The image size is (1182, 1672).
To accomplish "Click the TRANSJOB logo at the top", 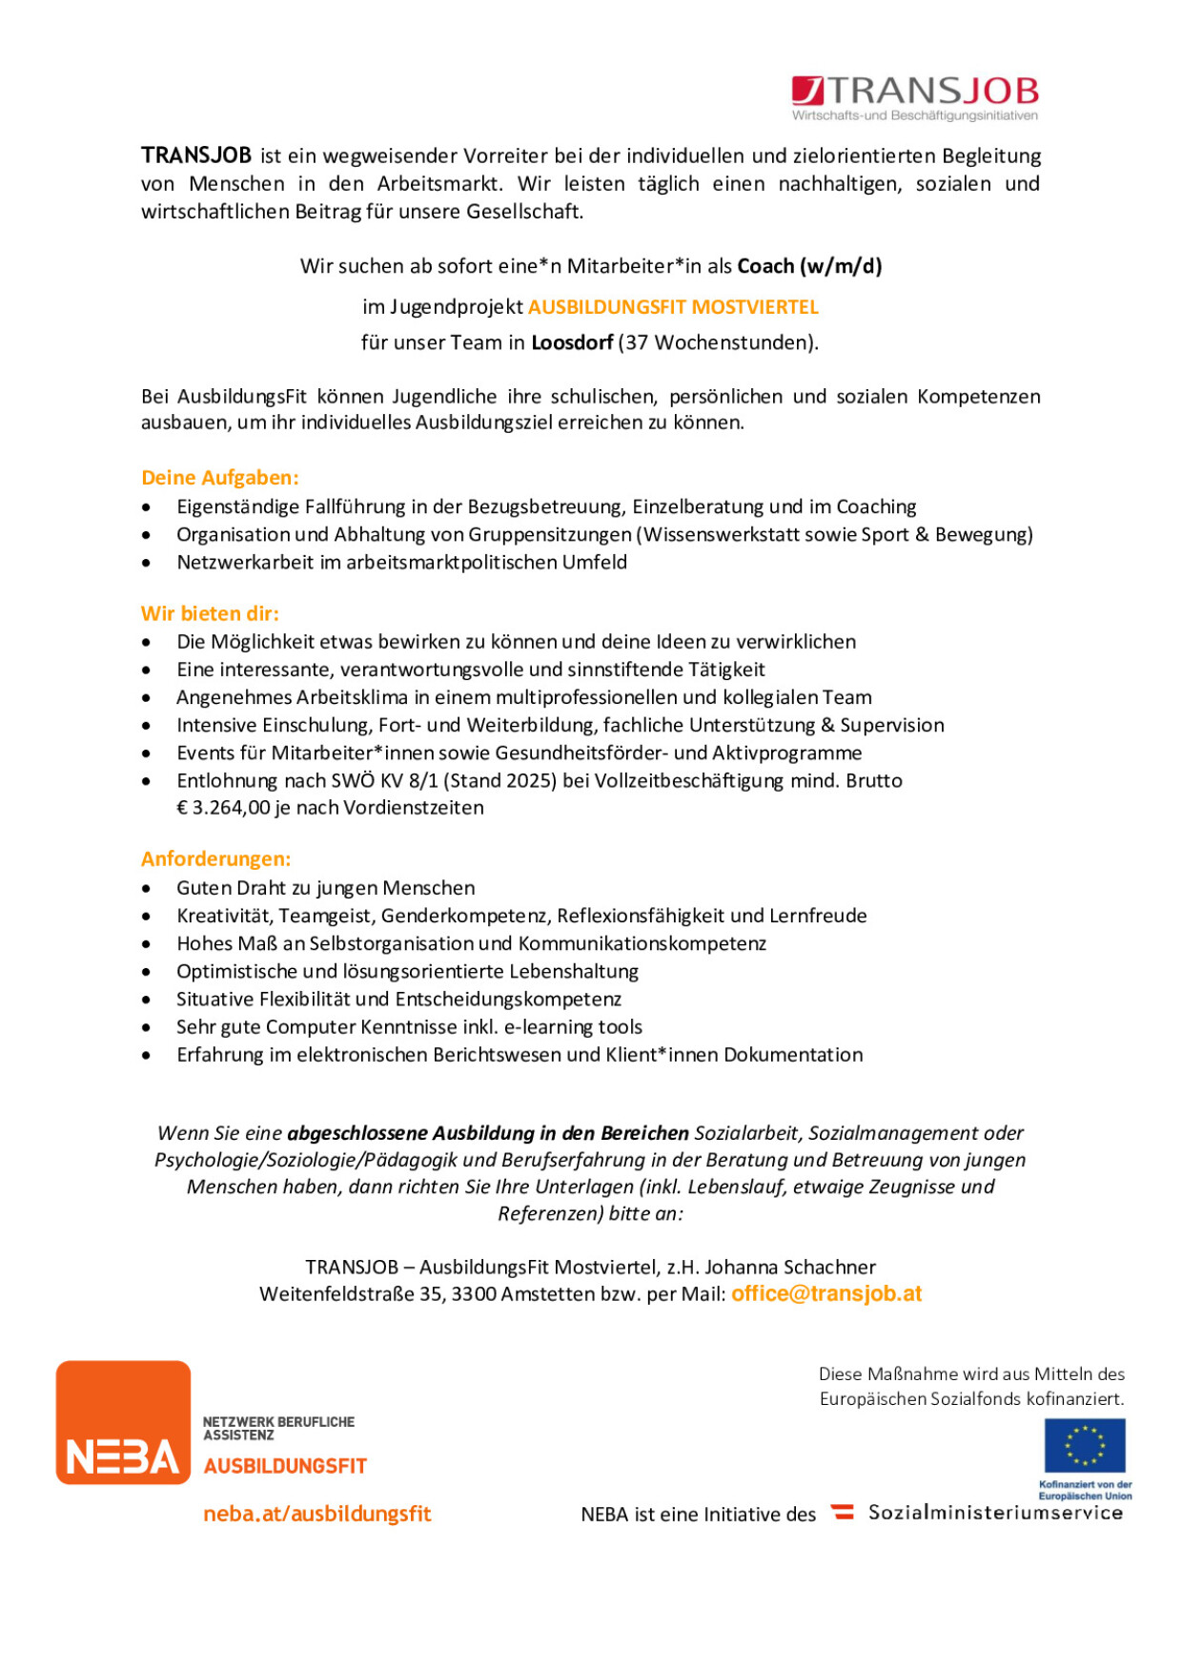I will (914, 95).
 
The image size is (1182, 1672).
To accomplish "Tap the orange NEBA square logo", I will (123, 1422).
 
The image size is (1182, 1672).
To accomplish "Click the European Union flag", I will (1085, 1446).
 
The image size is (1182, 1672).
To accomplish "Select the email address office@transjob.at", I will (826, 1294).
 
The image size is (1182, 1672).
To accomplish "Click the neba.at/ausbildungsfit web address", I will (317, 1514).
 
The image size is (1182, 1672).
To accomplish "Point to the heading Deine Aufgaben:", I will (220, 478).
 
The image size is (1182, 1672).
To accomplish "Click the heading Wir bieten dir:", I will (210, 614).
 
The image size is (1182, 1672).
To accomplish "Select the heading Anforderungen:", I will (216, 859).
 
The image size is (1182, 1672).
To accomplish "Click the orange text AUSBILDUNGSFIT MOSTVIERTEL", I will (673, 307).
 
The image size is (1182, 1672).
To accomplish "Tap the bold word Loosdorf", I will (572, 342).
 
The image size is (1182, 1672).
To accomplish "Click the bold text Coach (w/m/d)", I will (809, 266).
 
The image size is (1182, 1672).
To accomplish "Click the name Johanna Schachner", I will (790, 1268).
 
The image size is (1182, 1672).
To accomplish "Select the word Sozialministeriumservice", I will (995, 1513).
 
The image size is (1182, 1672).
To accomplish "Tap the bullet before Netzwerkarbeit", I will (146, 564).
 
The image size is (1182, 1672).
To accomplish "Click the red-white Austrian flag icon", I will (842, 1512).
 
